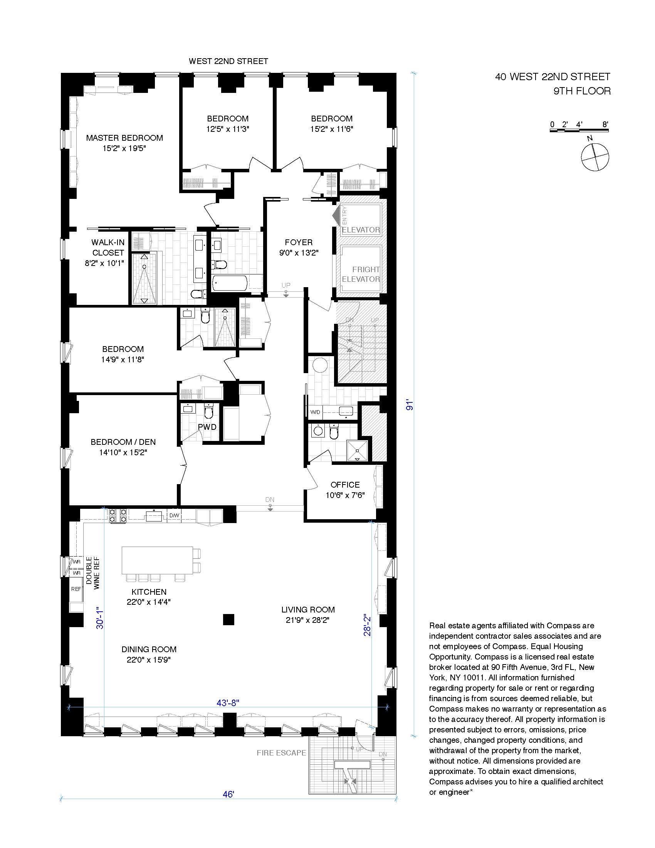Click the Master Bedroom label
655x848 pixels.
(124, 138)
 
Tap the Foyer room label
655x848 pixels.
(298, 243)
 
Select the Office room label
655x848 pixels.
(345, 485)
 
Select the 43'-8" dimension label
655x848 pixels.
(228, 703)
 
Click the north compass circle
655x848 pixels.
(595, 157)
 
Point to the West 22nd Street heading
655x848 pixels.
(228, 61)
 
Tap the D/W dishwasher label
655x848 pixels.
(174, 515)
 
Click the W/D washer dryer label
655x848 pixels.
(316, 412)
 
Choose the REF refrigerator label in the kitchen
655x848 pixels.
(76, 589)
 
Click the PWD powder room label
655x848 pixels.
(207, 427)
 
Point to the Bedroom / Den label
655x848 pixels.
(123, 442)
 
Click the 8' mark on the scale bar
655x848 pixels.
(605, 125)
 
